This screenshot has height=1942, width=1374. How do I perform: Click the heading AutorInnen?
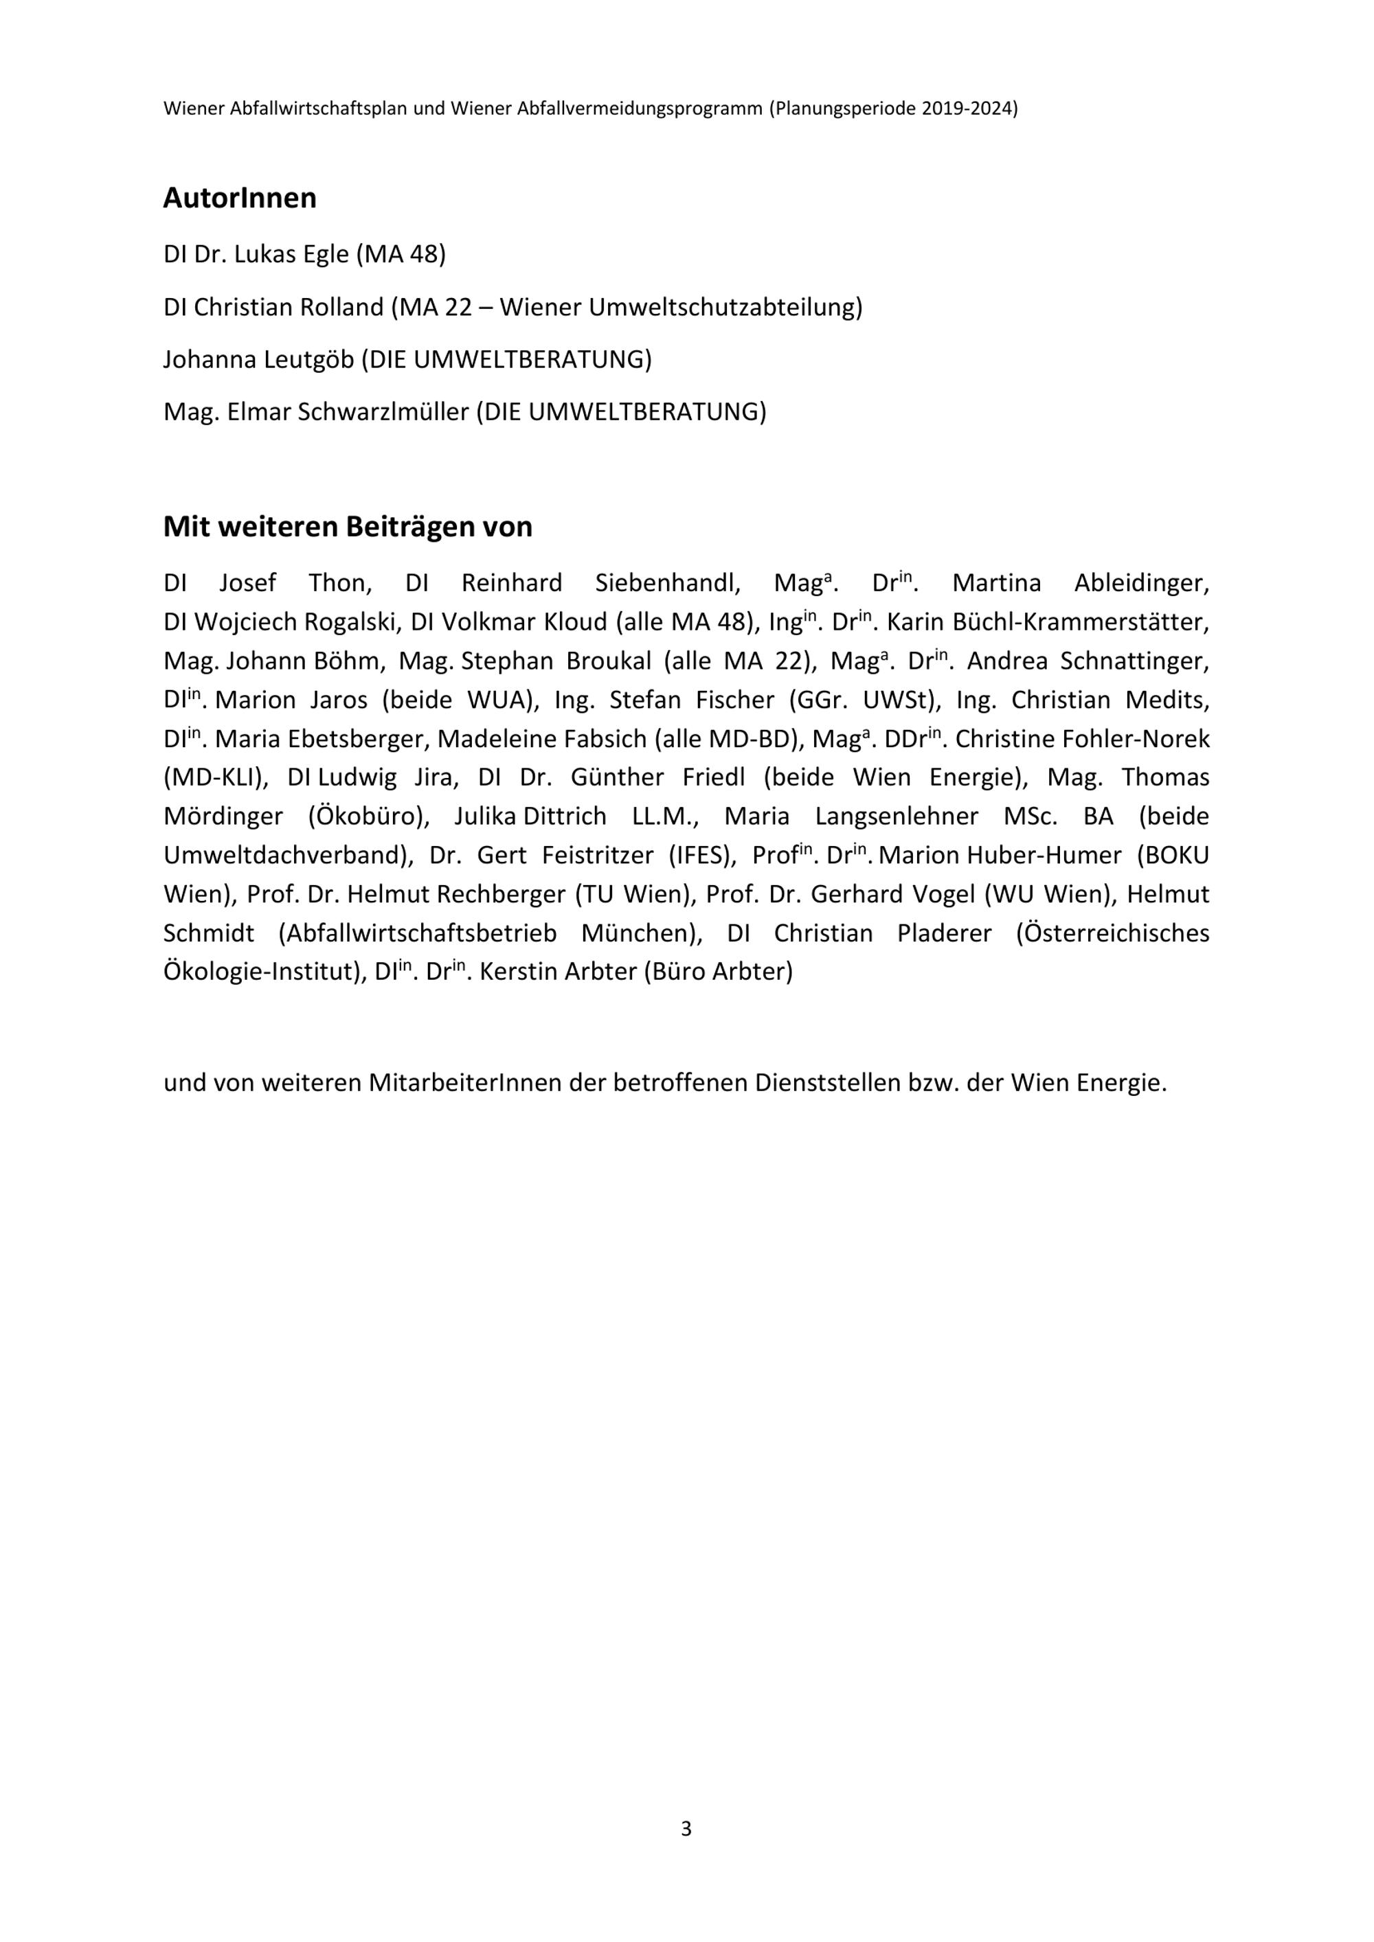tap(240, 198)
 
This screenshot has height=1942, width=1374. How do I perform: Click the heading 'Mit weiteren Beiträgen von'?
tap(348, 527)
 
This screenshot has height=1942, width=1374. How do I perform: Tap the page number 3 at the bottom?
tap(686, 1829)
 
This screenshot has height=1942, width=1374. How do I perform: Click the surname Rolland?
tap(342, 307)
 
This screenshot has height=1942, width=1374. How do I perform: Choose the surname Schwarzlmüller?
tap(372, 412)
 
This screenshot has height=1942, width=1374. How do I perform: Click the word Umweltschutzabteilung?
tap(725, 307)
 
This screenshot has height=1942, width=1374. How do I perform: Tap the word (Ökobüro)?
tap(369, 816)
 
